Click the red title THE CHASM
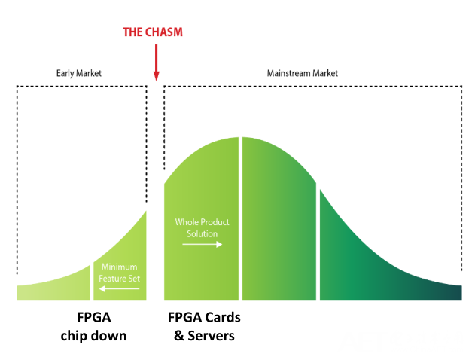pyautogui.click(x=153, y=32)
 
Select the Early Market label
pyautogui.click(x=78, y=74)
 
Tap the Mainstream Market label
pyautogui.click(x=303, y=74)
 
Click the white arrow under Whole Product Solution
pyautogui.click(x=203, y=245)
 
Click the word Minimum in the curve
pyautogui.click(x=120, y=267)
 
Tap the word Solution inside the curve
pyautogui.click(x=202, y=233)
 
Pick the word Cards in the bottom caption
pyautogui.click(x=222, y=316)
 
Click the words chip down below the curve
pyautogui.click(x=93, y=336)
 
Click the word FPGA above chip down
pyautogui.click(x=93, y=316)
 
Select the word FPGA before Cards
pyautogui.click(x=184, y=316)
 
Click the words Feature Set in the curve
pyautogui.click(x=120, y=277)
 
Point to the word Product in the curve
pyautogui.click(x=214, y=223)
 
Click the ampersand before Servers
pyautogui.click(x=179, y=336)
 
